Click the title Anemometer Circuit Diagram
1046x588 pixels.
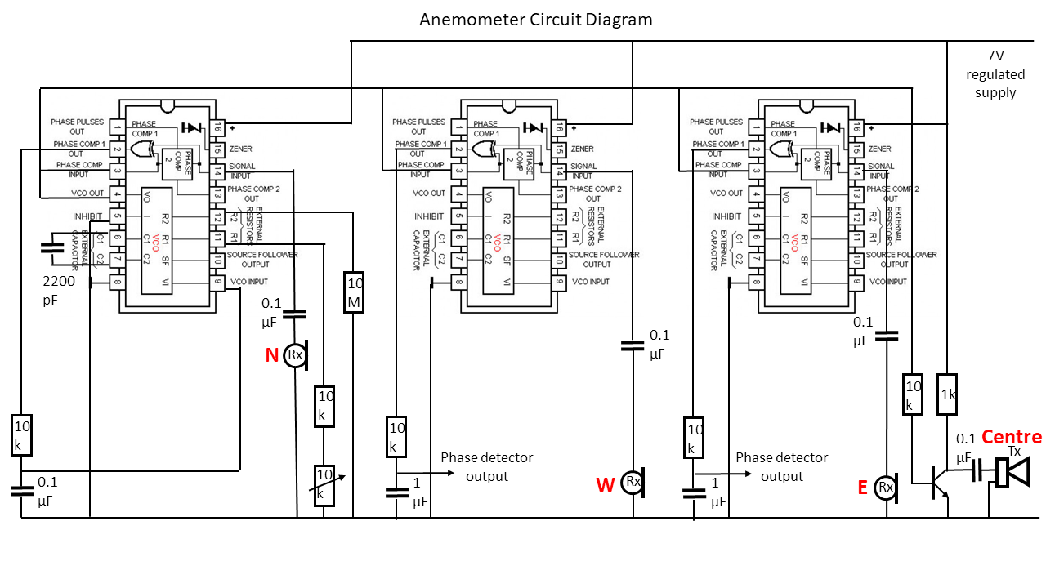tap(536, 20)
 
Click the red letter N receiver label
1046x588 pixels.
tap(272, 355)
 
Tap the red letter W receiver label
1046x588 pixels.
tap(605, 486)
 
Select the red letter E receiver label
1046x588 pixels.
tap(862, 488)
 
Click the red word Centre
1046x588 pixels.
tap(1012, 437)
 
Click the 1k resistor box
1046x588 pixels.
tap(946, 394)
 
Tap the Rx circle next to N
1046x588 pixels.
tap(294, 355)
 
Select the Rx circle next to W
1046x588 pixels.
tap(633, 482)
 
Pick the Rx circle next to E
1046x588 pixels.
tap(885, 488)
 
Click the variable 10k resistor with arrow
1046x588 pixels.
tap(325, 484)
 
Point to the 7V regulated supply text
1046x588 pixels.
tap(995, 74)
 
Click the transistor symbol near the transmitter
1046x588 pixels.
tap(940, 482)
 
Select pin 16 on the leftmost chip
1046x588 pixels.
tap(217, 127)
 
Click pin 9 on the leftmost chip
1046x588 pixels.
tap(217, 282)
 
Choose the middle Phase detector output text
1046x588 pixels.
tap(486, 466)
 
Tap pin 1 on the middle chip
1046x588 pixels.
tap(460, 127)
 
